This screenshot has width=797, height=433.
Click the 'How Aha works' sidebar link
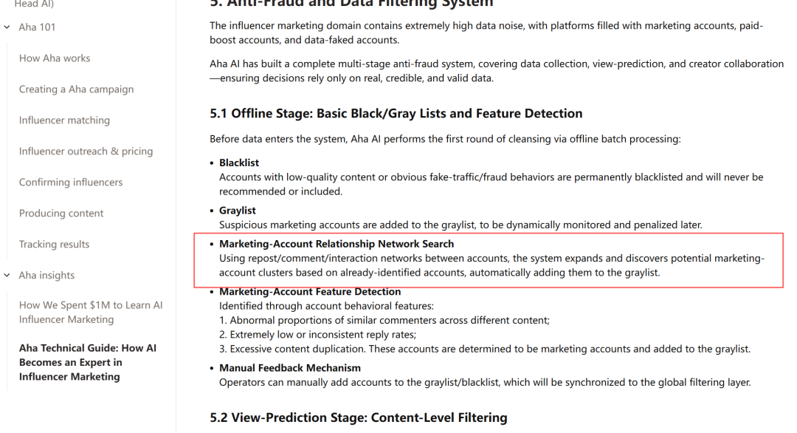(55, 58)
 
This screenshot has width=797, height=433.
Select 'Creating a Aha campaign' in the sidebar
(77, 89)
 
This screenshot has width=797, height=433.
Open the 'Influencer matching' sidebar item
(64, 120)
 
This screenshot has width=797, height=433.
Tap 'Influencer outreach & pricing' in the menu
(86, 151)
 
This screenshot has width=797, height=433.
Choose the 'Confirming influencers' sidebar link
(71, 183)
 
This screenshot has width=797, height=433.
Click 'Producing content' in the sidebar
(61, 214)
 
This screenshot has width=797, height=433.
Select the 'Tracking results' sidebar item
(54, 245)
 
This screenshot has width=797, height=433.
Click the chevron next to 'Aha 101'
(7, 27)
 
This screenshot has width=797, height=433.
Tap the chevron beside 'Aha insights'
(7, 276)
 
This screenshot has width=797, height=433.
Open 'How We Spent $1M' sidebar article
(91, 313)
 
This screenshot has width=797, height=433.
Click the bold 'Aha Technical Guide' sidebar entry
(87, 362)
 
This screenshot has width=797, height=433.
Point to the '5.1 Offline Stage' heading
(396, 114)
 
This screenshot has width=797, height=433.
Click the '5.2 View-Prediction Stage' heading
(359, 417)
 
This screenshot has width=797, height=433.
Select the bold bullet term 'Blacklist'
(239, 163)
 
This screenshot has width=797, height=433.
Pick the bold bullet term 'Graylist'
(237, 211)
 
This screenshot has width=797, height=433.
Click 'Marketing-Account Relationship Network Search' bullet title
(337, 244)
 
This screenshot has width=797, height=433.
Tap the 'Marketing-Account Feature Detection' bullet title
(310, 292)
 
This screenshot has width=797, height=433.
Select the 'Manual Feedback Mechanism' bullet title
(290, 368)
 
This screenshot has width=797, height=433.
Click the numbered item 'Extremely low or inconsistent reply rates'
(325, 335)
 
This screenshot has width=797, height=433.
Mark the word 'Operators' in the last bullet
(243, 383)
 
